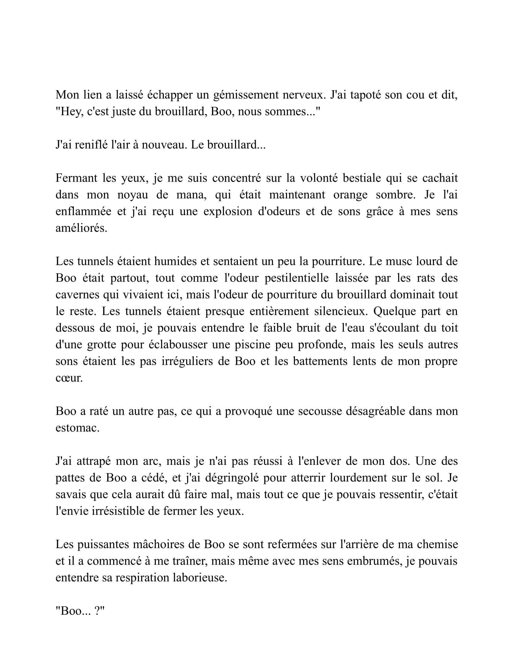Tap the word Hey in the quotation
pos(71,112)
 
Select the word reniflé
pos(91,145)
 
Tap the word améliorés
pos(81,228)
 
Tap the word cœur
pos(69,378)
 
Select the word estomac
pos(77,428)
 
